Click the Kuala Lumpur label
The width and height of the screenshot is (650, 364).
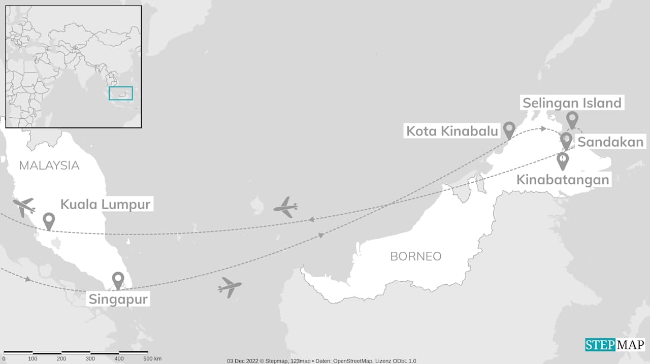point(106,205)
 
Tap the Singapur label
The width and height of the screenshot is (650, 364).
point(118,299)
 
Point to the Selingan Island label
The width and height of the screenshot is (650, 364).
point(572,103)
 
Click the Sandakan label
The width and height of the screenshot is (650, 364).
point(610,142)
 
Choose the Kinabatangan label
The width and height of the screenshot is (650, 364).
point(563,180)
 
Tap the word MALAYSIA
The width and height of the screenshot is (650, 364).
point(49,166)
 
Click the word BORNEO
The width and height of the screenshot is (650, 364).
point(416,256)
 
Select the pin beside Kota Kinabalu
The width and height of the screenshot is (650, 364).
point(509,130)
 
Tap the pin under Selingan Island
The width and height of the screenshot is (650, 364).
point(572,120)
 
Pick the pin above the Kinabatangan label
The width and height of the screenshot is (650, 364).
point(563,161)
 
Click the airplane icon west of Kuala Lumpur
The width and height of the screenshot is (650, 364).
point(24,207)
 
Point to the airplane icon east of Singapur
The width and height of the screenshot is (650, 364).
point(230,287)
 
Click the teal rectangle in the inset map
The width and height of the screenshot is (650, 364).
point(121,93)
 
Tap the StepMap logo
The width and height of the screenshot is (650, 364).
point(614,345)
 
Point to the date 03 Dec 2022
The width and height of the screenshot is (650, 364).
point(243,361)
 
